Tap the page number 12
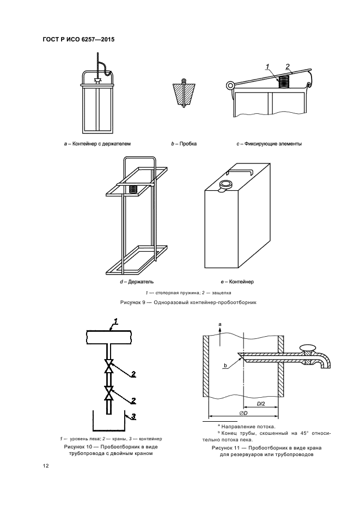coord(46,466)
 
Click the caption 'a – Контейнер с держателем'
coord(97,144)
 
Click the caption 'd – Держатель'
coord(137,282)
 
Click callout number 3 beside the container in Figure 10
coord(133,417)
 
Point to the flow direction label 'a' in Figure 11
coord(219,325)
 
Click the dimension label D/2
coord(261,404)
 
